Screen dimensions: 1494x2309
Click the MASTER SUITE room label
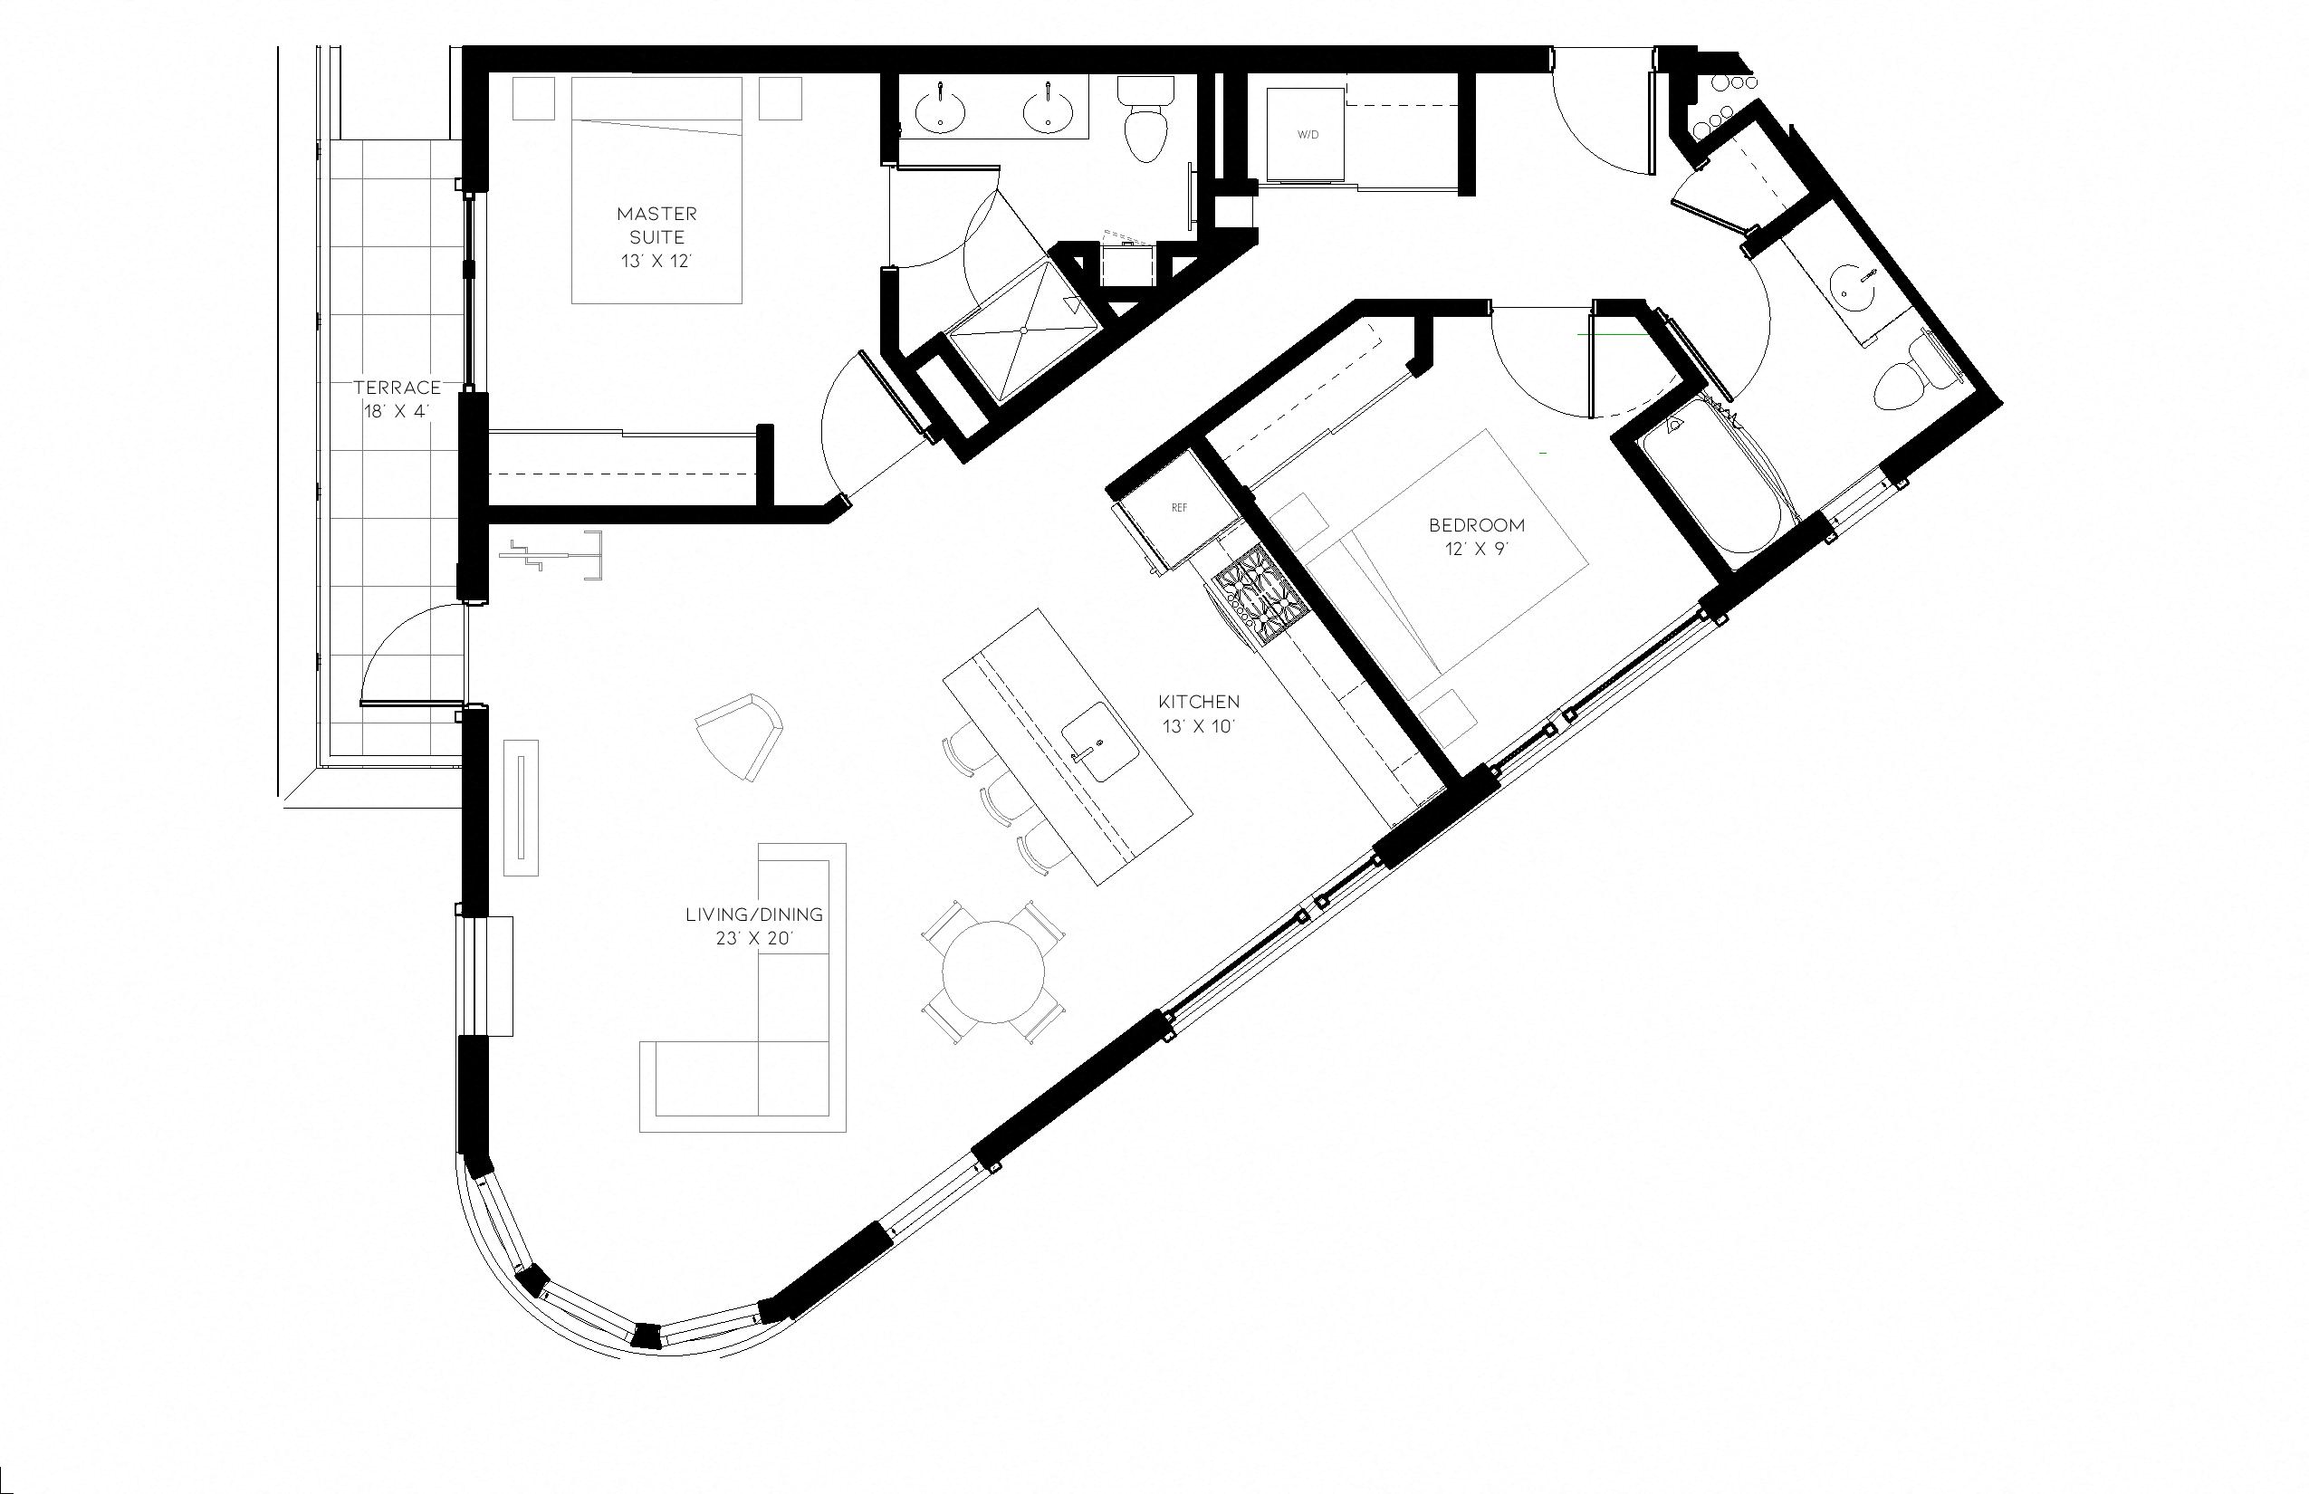pos(656,235)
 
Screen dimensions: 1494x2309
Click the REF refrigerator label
pos(1179,507)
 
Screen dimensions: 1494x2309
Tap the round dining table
pos(994,971)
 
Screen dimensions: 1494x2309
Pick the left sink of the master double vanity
pos(940,108)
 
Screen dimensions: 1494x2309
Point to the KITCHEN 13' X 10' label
pos(1199,713)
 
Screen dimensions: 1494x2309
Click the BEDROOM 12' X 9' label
pos(1477,536)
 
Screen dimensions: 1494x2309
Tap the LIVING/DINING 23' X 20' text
pos(753,925)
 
